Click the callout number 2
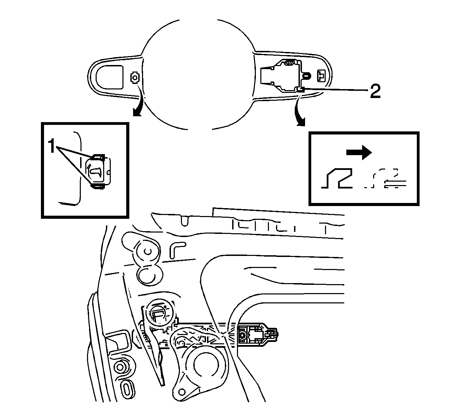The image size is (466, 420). coord(375,91)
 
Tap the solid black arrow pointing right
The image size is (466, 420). coord(359,153)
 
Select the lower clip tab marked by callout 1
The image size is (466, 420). coord(98,186)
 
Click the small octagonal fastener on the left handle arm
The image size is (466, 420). coord(134,78)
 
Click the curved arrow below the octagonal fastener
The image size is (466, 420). coord(140,108)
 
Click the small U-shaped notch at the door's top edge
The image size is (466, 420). coord(185,220)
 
